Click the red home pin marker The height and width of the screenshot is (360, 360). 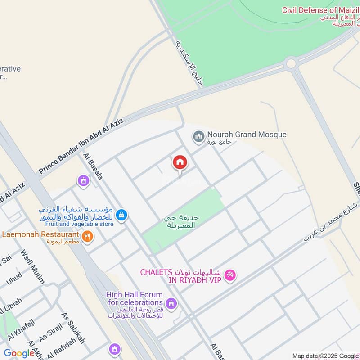click(x=180, y=163)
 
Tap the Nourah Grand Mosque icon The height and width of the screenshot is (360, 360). click(x=198, y=136)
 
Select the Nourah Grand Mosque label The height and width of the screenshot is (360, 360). click(x=247, y=135)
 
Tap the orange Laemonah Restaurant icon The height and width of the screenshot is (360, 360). click(x=87, y=235)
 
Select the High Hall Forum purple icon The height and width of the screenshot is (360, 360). click(x=171, y=304)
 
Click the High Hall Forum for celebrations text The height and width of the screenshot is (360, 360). click(x=135, y=298)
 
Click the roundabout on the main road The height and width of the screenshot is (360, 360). click(x=292, y=63)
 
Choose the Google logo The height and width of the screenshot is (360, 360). click(x=19, y=353)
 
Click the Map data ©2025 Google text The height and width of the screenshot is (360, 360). click(x=325, y=355)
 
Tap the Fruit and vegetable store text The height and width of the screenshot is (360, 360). click(x=79, y=224)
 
